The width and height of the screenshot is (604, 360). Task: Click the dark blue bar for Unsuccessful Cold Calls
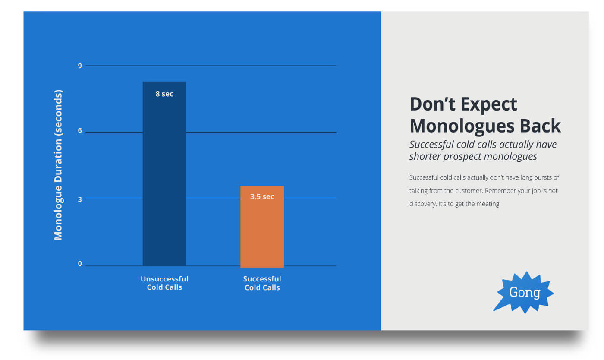coord(164,174)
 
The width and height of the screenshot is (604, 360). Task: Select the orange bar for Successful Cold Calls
coord(262,227)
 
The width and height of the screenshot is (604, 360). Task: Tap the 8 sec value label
coord(164,94)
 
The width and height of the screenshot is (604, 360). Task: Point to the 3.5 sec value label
coord(262,196)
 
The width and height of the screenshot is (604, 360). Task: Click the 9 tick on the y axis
coord(80,66)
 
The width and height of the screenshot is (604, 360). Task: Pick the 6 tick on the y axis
coord(80,131)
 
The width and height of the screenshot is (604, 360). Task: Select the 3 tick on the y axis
coord(80,199)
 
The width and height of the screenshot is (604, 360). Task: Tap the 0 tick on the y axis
coord(80,264)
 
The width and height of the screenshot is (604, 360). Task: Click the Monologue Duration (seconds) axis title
coord(58,165)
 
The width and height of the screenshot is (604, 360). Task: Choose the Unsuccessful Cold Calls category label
coord(164,283)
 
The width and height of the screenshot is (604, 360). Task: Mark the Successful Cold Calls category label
coord(262,283)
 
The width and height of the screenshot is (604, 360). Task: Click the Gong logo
coord(524,293)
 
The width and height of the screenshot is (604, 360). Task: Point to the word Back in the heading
coord(540,126)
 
